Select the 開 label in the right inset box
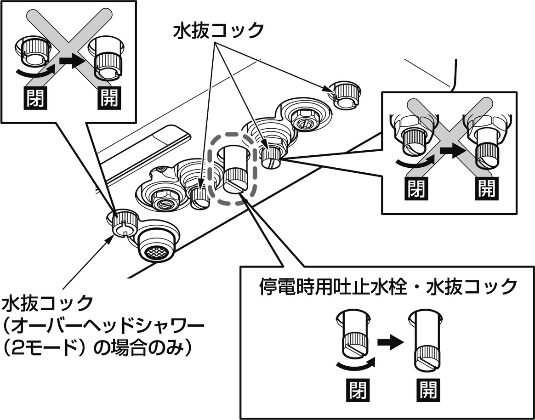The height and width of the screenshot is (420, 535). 486,187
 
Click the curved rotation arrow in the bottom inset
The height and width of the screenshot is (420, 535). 354,365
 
